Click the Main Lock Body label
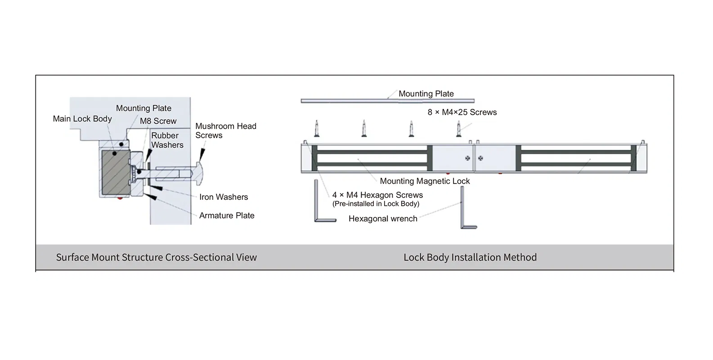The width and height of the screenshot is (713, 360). click(82, 119)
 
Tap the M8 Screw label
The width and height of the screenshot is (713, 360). click(158, 121)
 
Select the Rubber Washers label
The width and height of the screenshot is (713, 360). click(167, 140)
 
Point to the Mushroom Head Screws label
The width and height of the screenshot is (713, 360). click(225, 130)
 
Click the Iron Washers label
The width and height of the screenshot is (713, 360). click(224, 197)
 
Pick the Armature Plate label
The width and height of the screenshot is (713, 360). click(227, 216)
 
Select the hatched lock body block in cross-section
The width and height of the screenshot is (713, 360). click(115, 172)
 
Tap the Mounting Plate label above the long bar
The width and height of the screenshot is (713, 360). click(426, 94)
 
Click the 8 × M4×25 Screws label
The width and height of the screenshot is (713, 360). click(462, 112)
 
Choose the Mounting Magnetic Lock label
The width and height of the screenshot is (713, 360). click(425, 181)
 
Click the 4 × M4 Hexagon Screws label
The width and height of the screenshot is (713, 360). click(377, 195)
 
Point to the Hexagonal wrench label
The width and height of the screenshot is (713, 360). click(383, 219)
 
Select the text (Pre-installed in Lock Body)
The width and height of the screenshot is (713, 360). click(376, 204)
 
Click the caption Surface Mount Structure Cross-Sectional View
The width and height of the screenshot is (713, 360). click(156, 257)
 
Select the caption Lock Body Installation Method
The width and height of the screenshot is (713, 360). click(470, 257)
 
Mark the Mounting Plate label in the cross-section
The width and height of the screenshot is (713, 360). click(143, 108)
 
